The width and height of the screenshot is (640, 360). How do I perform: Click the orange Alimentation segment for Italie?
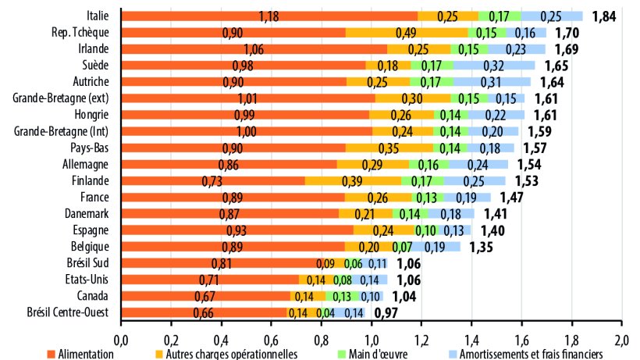tap(269, 16)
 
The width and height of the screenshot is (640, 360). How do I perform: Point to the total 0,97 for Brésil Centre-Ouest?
tap(387, 312)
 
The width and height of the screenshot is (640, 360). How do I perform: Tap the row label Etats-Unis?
tap(87, 280)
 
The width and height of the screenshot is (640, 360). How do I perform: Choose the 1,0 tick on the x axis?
tap(372, 340)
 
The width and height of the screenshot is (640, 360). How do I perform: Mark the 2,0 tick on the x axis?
tap(621, 340)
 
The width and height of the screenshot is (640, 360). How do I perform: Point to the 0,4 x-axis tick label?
tap(221, 340)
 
